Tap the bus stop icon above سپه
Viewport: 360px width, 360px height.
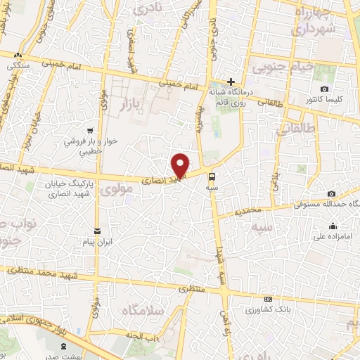click(x=212, y=177)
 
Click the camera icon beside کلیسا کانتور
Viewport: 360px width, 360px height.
click(x=324, y=89)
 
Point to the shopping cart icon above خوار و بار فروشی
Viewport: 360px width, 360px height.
click(x=90, y=131)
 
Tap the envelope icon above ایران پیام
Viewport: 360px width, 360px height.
click(x=98, y=231)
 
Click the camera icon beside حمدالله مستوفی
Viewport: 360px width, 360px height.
click(x=331, y=193)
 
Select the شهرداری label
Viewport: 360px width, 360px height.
click(x=308, y=30)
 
